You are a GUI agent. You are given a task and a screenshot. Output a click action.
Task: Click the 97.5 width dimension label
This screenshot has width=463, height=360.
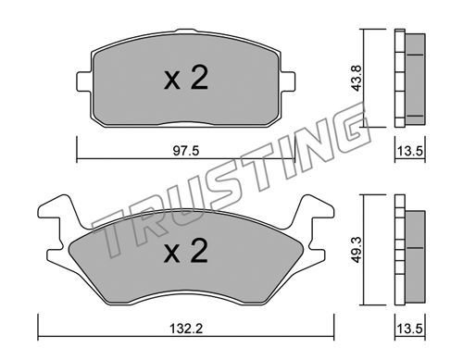186,151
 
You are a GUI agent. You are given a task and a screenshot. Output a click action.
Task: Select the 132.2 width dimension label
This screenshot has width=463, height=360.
186,329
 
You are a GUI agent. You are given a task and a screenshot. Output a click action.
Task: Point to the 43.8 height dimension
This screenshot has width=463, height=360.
357,78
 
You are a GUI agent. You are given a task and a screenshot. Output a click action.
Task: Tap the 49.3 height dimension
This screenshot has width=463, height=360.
357,250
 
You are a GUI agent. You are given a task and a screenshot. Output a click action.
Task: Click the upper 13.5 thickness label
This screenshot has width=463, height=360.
409,151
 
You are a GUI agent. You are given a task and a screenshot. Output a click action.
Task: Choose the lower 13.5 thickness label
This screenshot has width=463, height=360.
409,329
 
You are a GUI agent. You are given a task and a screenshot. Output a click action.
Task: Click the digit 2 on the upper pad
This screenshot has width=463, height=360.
199,77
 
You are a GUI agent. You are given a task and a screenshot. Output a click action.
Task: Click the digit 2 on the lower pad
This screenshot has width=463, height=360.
199,251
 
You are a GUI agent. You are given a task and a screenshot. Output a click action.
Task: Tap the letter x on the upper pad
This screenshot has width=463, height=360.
172,81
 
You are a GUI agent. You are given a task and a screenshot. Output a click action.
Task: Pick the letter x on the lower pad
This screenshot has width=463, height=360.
172,254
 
